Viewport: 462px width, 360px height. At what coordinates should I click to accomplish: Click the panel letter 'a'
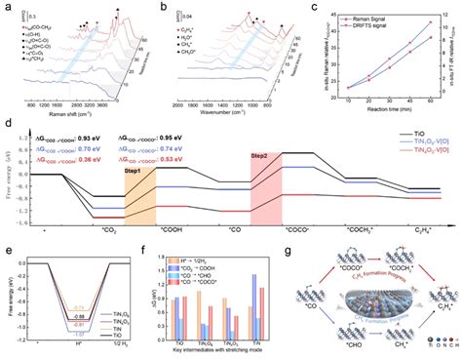(x=8, y=7)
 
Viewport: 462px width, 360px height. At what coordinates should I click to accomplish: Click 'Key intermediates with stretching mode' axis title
(x=214, y=355)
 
